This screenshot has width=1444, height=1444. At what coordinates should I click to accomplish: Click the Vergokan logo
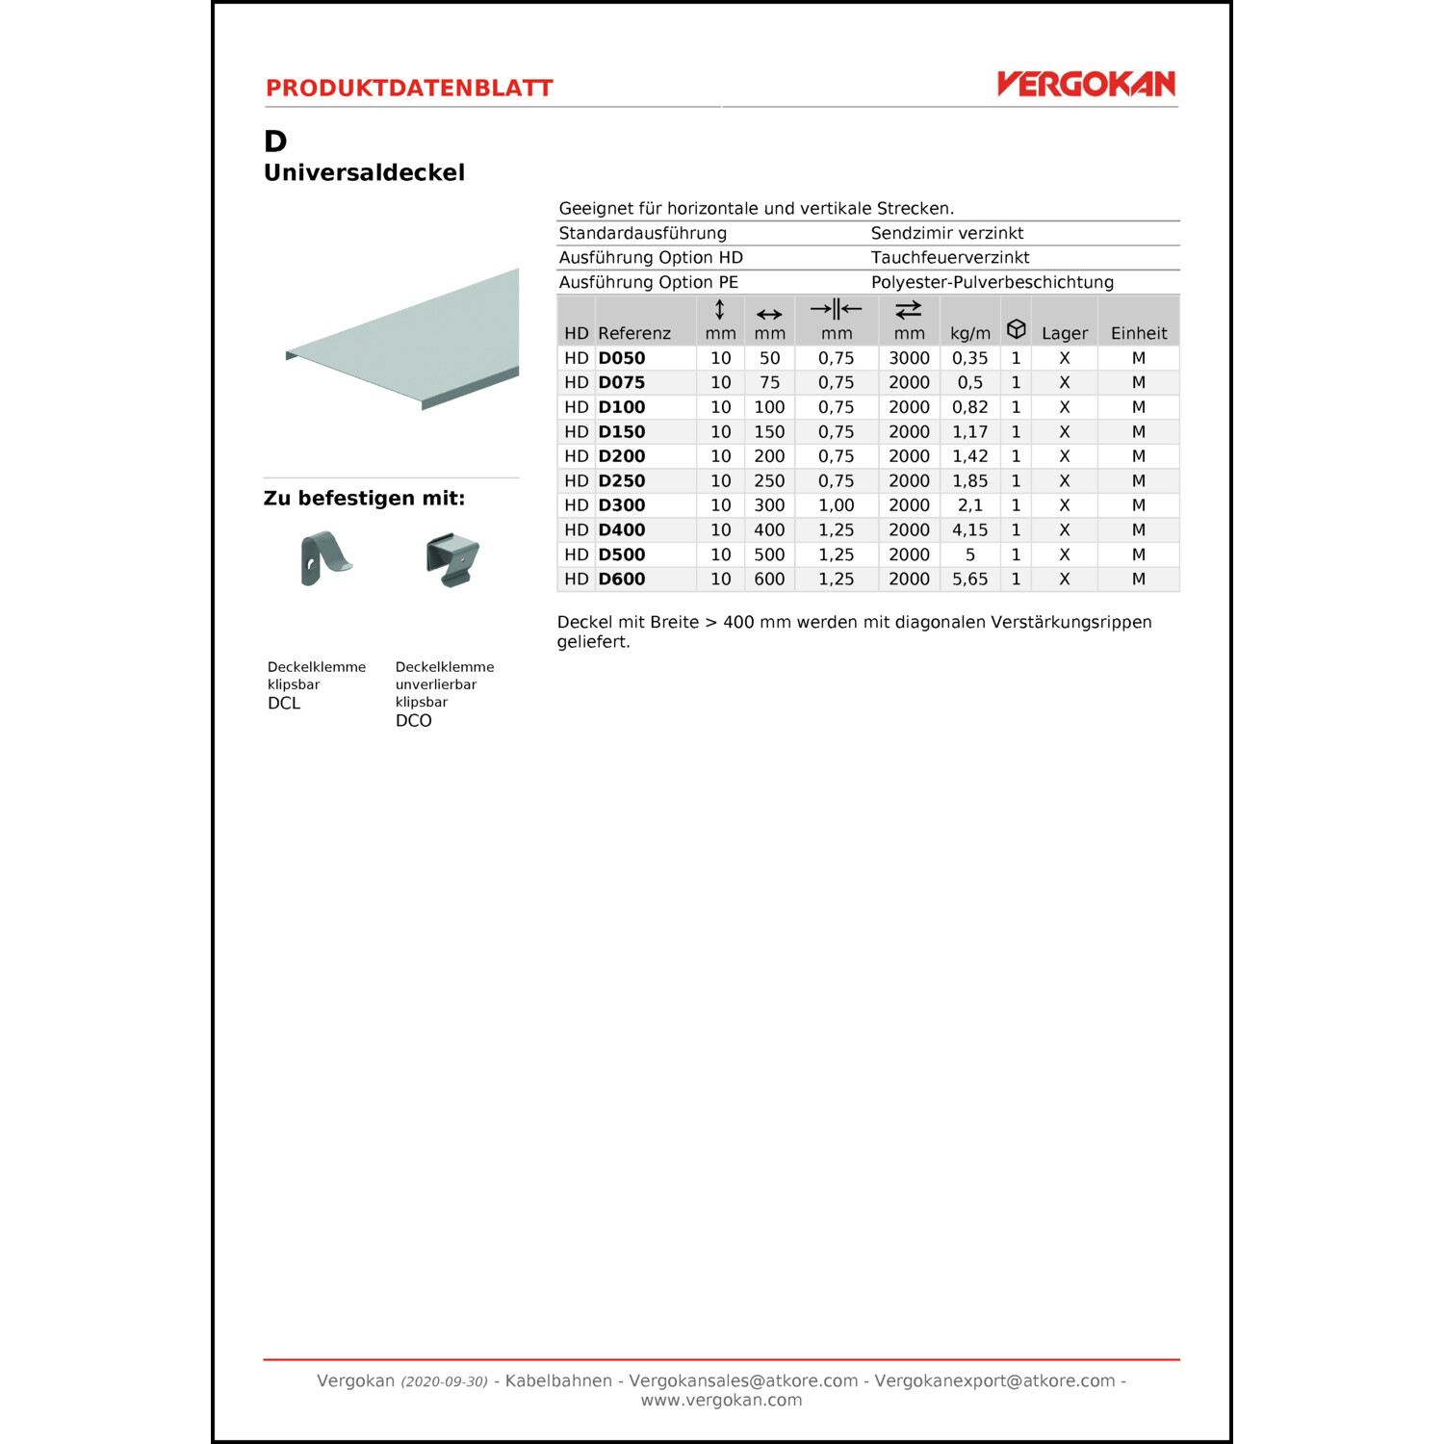pos(1086,84)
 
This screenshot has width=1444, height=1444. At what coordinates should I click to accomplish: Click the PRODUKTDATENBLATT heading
pos(409,89)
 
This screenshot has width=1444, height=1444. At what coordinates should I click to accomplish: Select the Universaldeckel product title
pos(364,172)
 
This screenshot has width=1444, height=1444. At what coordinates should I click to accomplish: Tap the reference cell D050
pos(622,358)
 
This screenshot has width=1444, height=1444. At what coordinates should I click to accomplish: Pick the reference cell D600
pos(622,579)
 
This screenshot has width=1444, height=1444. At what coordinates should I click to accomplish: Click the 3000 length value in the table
pos(909,358)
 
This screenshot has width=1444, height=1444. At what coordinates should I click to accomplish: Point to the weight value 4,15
pos(969,529)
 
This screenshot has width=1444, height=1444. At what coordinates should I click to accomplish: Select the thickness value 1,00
pos(836,505)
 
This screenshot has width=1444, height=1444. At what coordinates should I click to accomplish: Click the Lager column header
pos(1065,333)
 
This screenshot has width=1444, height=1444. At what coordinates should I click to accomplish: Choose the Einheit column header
pos(1139,333)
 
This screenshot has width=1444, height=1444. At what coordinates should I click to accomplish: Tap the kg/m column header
pos(969,333)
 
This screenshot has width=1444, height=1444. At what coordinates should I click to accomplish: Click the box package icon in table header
pos(1016,328)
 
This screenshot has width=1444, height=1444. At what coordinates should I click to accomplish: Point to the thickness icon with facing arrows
pos(836,309)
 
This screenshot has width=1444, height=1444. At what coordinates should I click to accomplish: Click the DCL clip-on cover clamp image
pos(324,558)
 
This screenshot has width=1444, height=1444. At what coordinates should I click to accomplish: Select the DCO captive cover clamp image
pos(452,559)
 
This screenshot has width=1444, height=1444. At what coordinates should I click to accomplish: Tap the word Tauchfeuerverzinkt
pos(950,257)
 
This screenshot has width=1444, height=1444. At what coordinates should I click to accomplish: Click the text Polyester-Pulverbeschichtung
pos(992,282)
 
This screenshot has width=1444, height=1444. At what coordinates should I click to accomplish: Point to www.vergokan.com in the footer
pos(721,1400)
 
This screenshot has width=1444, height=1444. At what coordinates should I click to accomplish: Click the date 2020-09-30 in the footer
pos(445,1381)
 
